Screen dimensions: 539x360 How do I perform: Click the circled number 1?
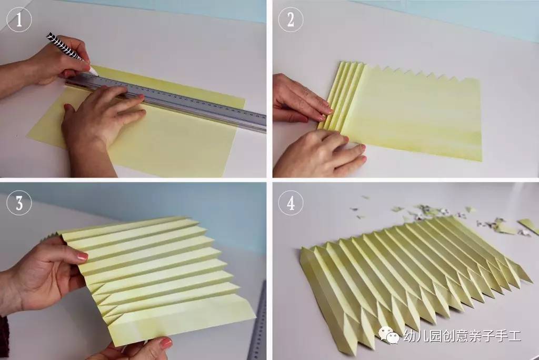click(19, 19)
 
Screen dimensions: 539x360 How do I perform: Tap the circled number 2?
click(291, 19)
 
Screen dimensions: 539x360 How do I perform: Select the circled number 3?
click(19, 203)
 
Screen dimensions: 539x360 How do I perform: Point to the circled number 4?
click(291, 203)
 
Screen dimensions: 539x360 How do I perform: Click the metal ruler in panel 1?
click(165, 102)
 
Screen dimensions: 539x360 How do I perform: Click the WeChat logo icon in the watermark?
click(389, 335)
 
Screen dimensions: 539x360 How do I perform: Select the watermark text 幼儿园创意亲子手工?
click(462, 336)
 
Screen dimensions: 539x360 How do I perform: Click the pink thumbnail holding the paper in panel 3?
click(83, 256)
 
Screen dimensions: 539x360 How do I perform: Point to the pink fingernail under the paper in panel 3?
click(166, 343)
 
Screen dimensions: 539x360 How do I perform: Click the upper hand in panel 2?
click(299, 99)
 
